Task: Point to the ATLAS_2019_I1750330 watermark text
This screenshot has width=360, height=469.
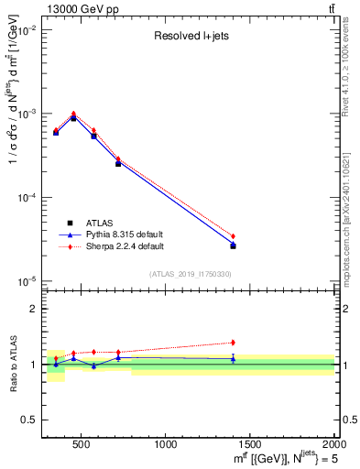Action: [190, 274]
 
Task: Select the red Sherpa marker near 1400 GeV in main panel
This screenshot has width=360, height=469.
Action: [233, 236]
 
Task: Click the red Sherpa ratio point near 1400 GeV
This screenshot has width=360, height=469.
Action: [233, 343]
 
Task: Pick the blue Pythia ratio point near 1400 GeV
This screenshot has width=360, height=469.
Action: [233, 358]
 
